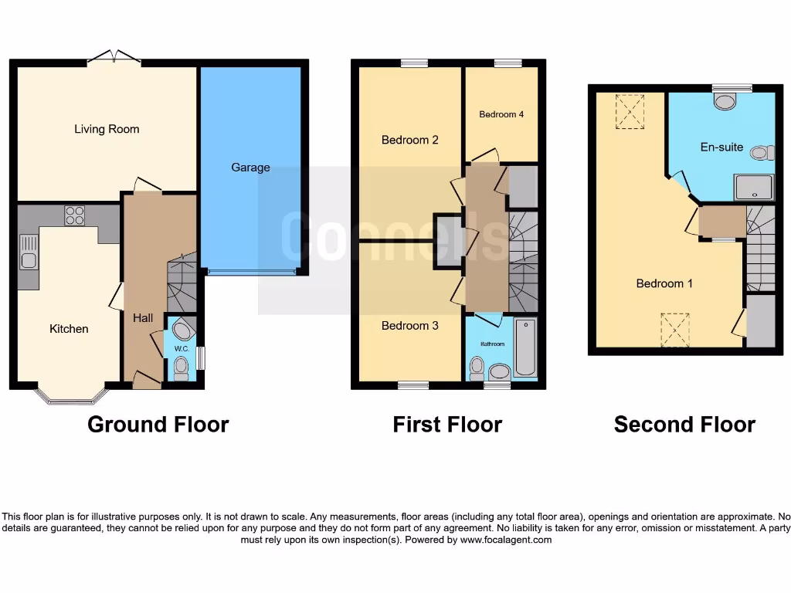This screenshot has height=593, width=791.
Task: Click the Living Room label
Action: click(x=107, y=129)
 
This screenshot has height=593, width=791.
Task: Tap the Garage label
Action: click(x=251, y=167)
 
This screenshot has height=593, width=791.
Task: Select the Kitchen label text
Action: click(x=69, y=329)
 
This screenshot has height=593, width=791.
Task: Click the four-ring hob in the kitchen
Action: click(x=75, y=215)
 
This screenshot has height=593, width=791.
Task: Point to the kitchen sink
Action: click(x=29, y=252)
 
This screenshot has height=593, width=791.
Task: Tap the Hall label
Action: click(x=143, y=318)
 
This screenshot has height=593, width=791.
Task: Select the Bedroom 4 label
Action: click(x=501, y=114)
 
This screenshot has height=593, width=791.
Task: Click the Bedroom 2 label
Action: click(x=410, y=140)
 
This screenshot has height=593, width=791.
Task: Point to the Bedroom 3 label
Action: click(x=410, y=326)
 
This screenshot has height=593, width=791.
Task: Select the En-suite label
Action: click(x=721, y=147)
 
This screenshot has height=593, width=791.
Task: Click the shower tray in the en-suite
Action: click(x=754, y=187)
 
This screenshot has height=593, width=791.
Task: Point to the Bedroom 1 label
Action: click(x=664, y=283)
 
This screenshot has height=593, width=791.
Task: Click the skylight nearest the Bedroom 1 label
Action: click(x=675, y=330)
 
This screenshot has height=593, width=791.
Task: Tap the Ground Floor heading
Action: click(x=158, y=425)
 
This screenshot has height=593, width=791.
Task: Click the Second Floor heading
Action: click(x=684, y=425)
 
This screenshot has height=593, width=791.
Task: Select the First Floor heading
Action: click(x=447, y=425)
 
